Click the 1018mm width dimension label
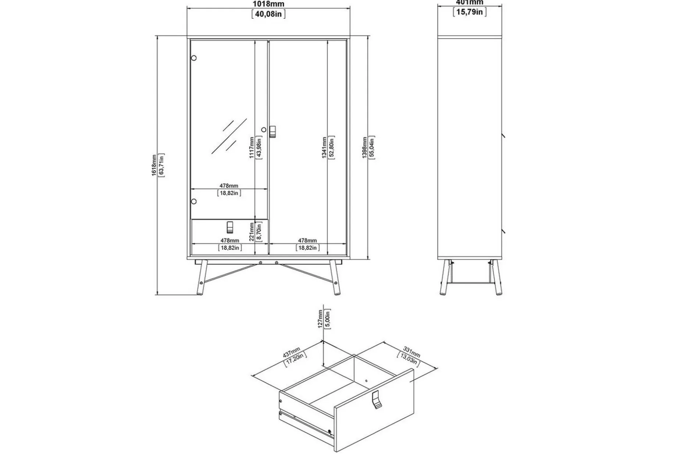point(268,4)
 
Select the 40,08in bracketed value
point(268,14)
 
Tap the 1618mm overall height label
point(154,165)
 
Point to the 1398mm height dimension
point(364,147)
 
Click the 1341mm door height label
point(324,147)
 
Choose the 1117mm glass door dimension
point(252,147)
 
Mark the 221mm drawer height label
point(252,232)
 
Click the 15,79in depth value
point(470,12)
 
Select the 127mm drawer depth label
point(320,319)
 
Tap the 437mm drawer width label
point(292,352)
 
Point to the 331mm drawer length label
point(411,352)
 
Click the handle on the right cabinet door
point(272,132)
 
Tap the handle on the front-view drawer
point(230,227)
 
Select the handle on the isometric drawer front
point(376,400)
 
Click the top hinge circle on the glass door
point(193,58)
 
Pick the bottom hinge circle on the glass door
point(193,202)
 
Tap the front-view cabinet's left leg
point(200,278)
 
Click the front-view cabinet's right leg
point(335,278)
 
